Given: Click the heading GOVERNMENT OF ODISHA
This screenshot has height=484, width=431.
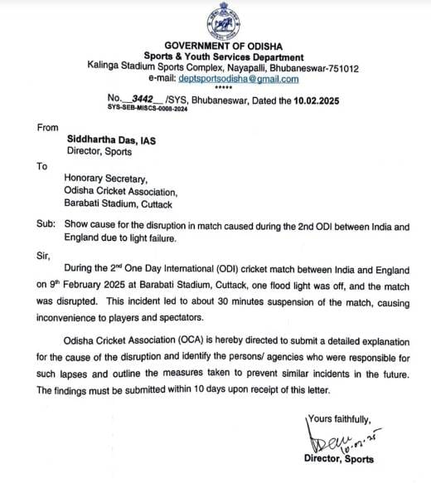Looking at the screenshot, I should click(x=223, y=45).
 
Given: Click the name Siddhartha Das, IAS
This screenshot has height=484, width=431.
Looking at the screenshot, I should click(x=112, y=141).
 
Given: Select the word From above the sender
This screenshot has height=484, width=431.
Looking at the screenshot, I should click(x=48, y=127).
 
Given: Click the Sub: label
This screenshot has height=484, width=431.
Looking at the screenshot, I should click(x=46, y=225).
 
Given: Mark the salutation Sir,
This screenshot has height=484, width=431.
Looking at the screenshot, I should click(x=43, y=257).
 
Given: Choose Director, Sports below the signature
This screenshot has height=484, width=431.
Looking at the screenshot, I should click(x=340, y=459).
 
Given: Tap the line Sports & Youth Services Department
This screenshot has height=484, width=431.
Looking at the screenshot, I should click(x=223, y=56).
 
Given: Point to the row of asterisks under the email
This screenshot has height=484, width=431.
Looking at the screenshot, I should click(x=223, y=87).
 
